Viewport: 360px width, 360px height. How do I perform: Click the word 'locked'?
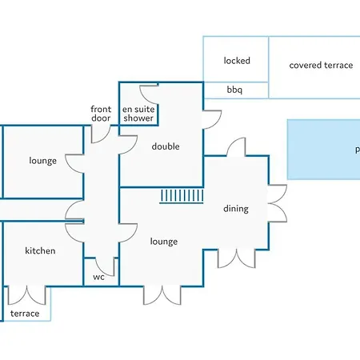tap(237, 61)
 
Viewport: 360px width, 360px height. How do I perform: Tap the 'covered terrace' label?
tap(321, 65)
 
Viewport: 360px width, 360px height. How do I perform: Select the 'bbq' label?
tap(234, 90)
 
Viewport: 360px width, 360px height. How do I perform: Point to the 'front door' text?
tap(101, 114)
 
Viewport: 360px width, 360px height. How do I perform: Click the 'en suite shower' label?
tap(138, 114)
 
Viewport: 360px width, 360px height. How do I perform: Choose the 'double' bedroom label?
tap(166, 146)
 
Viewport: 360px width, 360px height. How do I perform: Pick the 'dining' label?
tap(236, 209)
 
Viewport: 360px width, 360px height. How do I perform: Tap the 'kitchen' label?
tap(40, 250)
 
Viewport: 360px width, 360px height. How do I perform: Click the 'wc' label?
tap(98, 277)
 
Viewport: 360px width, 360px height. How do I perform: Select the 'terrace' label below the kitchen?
tap(25, 314)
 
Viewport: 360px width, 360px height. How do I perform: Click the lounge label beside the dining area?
tap(164, 242)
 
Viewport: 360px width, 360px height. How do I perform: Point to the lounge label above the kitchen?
tap(42, 161)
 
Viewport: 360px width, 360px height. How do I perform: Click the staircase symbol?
tap(182, 197)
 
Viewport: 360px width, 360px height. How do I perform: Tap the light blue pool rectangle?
tap(324, 150)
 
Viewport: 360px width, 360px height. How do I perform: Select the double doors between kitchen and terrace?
tap(26, 295)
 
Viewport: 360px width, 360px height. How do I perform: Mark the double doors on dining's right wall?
tap(278, 203)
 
